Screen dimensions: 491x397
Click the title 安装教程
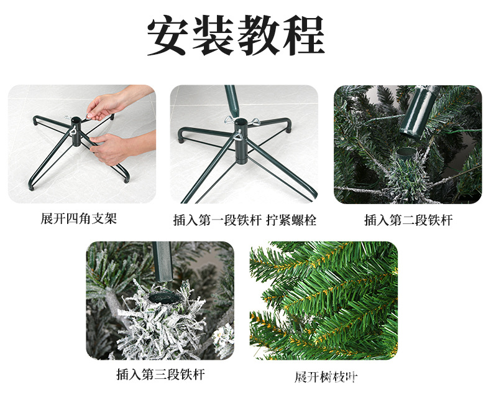pos(236,35)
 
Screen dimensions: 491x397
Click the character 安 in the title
pos(168,35)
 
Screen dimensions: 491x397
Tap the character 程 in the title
pos(303,35)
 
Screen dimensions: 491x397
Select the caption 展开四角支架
pos(78,218)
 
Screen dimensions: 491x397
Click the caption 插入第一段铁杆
pos(218,220)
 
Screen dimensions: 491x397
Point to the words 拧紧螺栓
pos(291,220)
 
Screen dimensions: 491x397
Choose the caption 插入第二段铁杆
pos(408,220)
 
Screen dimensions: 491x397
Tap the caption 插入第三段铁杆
pos(160,375)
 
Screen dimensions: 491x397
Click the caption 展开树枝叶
pos(326,377)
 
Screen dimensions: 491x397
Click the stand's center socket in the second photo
pos(241,141)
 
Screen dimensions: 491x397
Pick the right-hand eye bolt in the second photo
pos(254,122)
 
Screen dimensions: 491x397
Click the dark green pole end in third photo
pos(419,111)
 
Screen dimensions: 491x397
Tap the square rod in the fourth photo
pos(162,262)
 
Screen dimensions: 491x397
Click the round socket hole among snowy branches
pos(165,297)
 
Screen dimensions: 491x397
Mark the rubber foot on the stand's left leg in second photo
pos(181,139)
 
